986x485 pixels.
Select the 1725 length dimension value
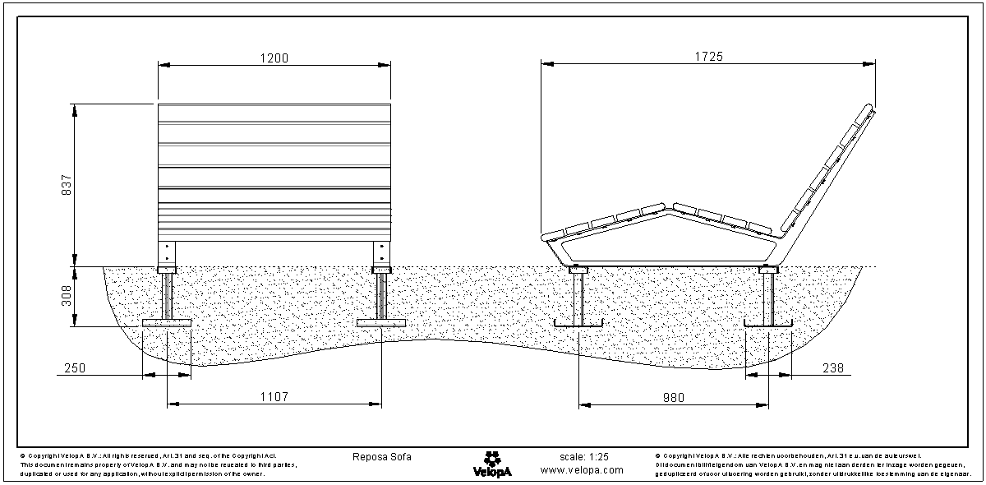[708, 57]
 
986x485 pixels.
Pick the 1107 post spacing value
[274, 397]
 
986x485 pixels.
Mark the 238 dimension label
[832, 369]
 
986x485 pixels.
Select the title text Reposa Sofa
[381, 457]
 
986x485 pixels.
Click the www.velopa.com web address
[582, 470]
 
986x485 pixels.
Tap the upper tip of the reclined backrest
[871, 108]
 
